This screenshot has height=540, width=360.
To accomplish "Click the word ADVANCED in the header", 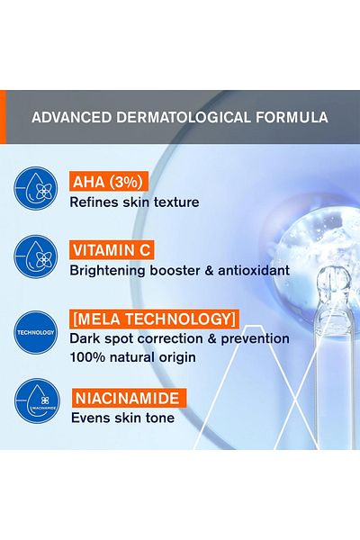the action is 72,117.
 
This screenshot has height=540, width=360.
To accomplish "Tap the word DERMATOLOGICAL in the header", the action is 184,117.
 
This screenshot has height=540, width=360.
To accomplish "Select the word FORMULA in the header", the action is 292,117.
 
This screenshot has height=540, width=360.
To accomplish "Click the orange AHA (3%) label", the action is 109,182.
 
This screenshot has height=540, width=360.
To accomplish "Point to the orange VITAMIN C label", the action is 112,250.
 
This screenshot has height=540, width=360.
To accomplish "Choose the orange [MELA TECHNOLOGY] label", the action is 154,319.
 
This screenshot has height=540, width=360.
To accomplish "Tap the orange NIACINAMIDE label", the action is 130,398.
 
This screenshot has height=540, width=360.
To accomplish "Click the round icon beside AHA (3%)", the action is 35,188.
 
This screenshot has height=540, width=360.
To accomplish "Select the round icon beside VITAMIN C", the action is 35,256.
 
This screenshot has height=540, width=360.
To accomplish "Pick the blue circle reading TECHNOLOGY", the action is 35,332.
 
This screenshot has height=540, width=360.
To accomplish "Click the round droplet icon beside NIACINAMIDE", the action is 37,401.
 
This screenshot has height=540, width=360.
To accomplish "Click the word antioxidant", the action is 254,271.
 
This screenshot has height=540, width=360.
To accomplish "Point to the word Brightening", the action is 107,272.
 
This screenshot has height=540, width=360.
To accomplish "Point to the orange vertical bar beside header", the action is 3,117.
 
